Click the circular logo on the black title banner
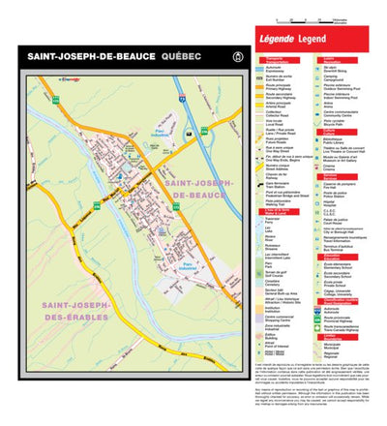[x=227, y=58]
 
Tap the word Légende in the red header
[x=283, y=39]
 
